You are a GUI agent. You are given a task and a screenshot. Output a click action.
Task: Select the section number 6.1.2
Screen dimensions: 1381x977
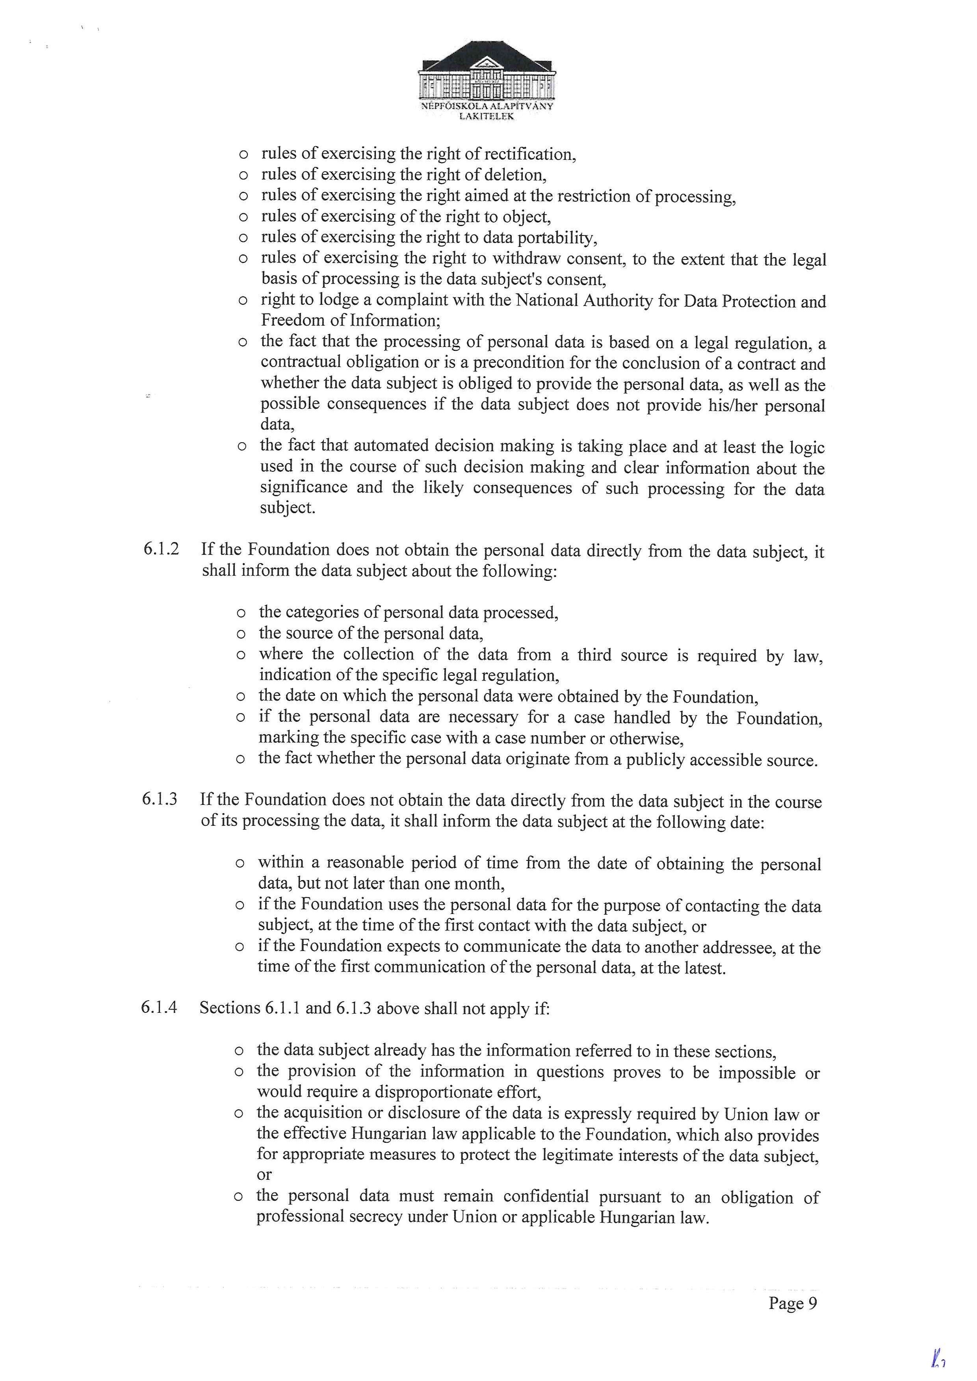[x=161, y=550]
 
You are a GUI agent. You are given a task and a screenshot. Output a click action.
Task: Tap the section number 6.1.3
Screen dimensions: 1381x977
[x=160, y=800]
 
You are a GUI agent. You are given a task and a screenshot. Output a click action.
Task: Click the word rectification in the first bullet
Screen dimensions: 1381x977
[x=529, y=155]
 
